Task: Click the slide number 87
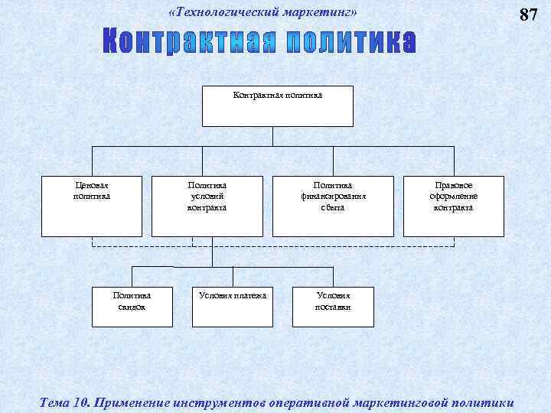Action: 529,15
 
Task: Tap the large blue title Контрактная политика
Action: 261,44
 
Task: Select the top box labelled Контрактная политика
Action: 277,106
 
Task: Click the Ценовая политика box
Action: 92,206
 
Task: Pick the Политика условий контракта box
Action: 207,206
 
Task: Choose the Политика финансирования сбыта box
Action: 333,206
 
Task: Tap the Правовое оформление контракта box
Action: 454,206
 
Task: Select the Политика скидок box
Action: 132,307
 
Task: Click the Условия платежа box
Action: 233,307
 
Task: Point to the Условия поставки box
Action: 333,307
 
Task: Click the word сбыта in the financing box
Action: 333,207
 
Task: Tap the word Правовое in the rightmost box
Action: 454,185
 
